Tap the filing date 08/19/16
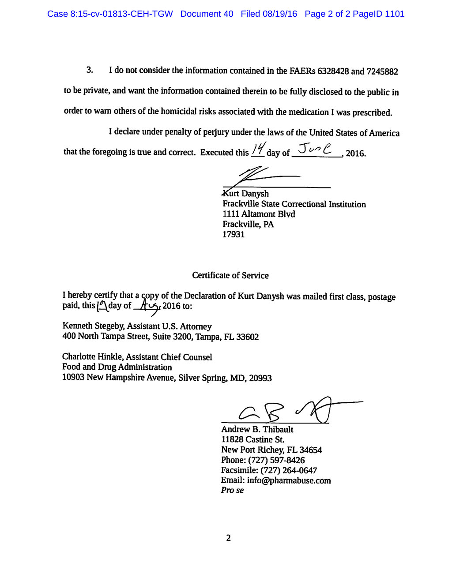click(280, 14)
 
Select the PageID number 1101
click(394, 14)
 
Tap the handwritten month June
click(315, 149)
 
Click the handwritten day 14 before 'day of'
click(258, 149)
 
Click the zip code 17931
click(233, 235)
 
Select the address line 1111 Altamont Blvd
click(259, 214)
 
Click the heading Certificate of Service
click(230, 275)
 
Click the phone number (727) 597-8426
click(276, 460)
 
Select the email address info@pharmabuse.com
click(289, 480)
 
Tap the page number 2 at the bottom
click(228, 538)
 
